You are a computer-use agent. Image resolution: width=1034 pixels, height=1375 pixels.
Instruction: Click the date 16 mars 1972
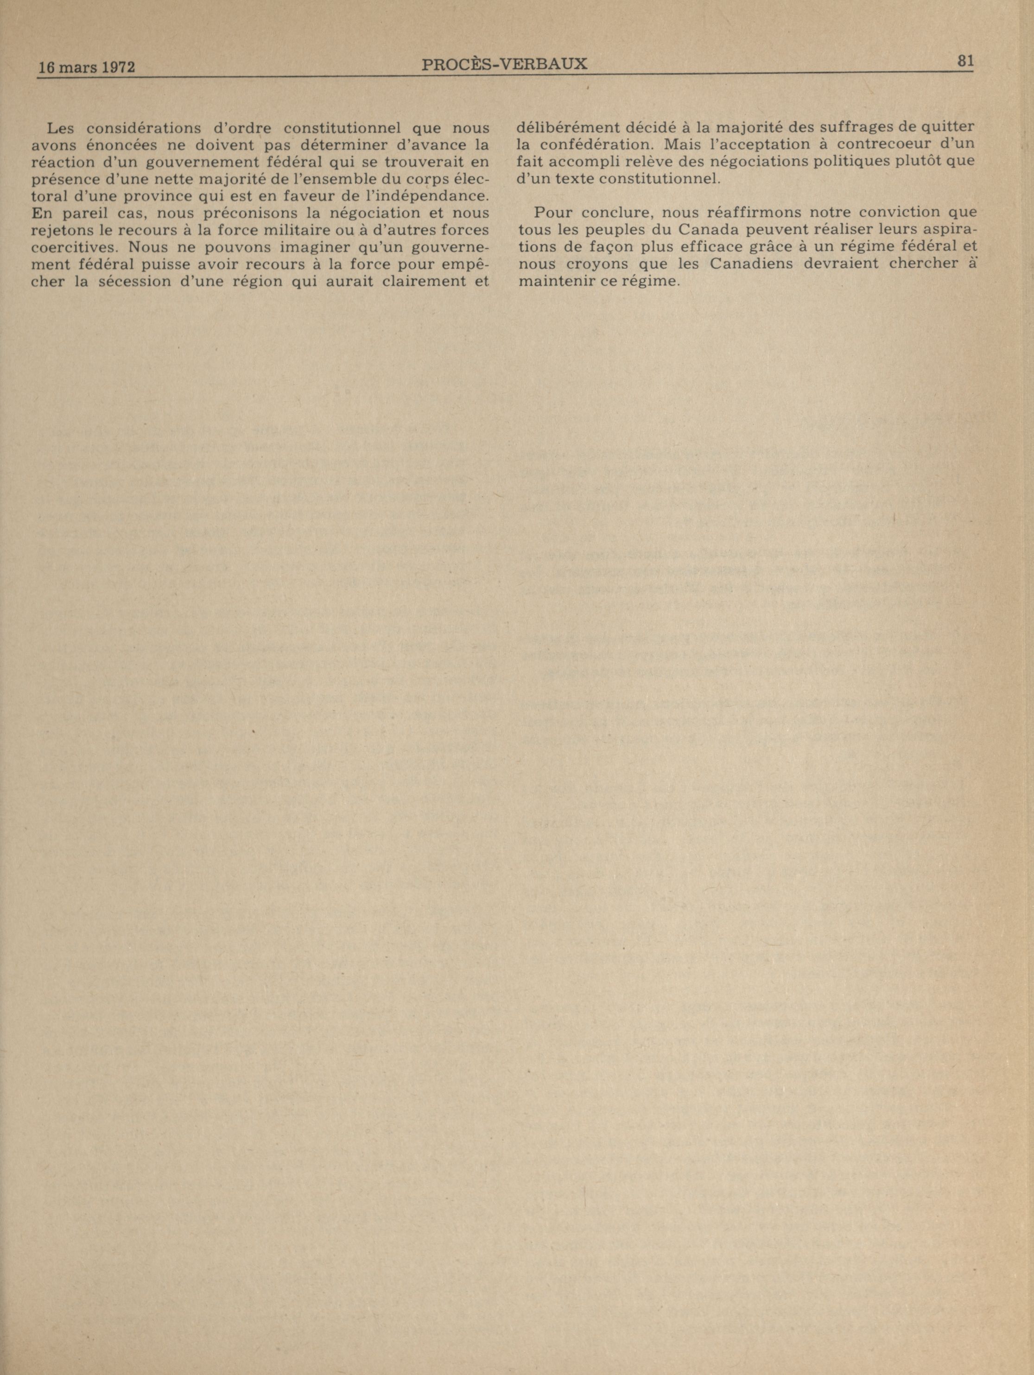click(87, 67)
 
